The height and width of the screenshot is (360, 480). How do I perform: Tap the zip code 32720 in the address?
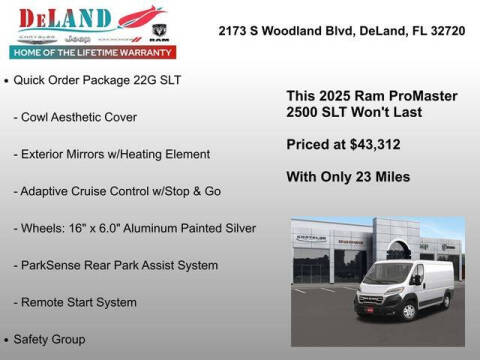point(444,31)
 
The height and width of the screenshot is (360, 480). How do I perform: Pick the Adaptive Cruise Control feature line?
point(131,191)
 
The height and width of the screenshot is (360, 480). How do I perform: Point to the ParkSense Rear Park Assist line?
point(117,265)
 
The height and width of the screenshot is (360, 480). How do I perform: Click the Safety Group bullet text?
point(58,339)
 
